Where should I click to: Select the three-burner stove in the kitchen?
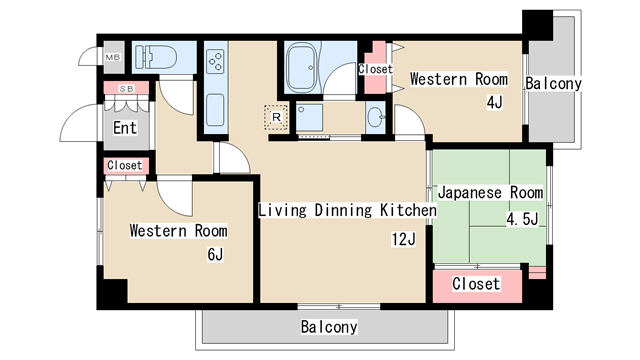[216, 63]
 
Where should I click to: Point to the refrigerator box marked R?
[276, 116]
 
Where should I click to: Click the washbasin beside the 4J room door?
[375, 118]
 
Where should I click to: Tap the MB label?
[113, 58]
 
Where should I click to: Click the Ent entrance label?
[125, 127]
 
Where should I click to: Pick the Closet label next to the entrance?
[125, 165]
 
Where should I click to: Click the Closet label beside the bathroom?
[375, 69]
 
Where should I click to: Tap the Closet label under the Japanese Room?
[476, 284]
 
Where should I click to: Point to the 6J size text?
[215, 254]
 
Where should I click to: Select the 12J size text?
[403, 238]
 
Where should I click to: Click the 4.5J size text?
[522, 219]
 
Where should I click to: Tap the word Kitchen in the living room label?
[407, 211]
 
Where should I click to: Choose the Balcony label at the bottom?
[329, 327]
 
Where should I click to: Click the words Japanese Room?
[490, 192]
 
